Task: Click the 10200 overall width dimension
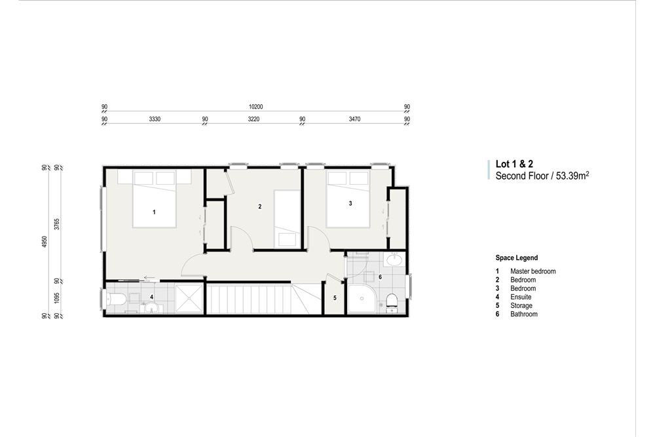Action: click(255, 107)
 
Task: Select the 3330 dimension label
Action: click(155, 120)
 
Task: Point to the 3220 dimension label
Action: click(254, 120)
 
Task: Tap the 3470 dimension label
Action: click(355, 120)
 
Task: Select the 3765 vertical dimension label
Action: click(58, 224)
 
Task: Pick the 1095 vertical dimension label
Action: click(58, 298)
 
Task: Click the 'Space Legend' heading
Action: click(516, 258)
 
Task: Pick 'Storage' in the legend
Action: click(521, 305)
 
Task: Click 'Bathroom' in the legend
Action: click(523, 314)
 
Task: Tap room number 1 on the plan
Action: click(154, 212)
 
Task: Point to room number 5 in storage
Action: click(335, 297)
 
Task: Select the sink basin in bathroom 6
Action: click(394, 260)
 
